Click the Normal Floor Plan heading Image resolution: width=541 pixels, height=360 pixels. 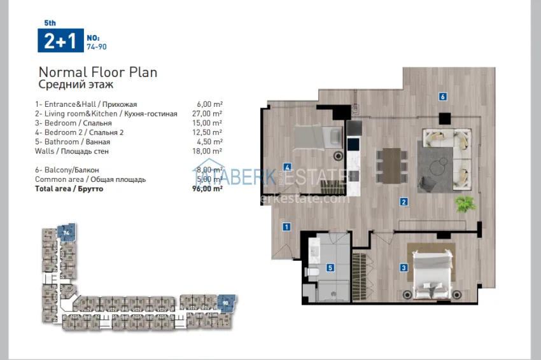click(98, 72)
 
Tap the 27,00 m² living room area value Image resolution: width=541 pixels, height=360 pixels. click(209, 113)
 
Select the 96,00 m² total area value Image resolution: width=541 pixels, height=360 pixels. click(207, 189)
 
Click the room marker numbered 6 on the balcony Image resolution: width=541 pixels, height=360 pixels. click(442, 97)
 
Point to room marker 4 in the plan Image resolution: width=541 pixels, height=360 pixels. click(288, 167)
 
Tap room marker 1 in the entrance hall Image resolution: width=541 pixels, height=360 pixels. click(287, 226)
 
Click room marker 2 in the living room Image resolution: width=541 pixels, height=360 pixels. click(404, 202)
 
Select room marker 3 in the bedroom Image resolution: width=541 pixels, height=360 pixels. click(404, 268)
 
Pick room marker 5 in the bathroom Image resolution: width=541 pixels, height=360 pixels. click(330, 268)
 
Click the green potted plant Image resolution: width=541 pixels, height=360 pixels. click(465, 204)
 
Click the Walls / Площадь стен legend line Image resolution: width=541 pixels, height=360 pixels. click(73, 151)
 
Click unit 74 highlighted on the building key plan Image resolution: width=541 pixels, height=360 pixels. click(65, 233)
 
